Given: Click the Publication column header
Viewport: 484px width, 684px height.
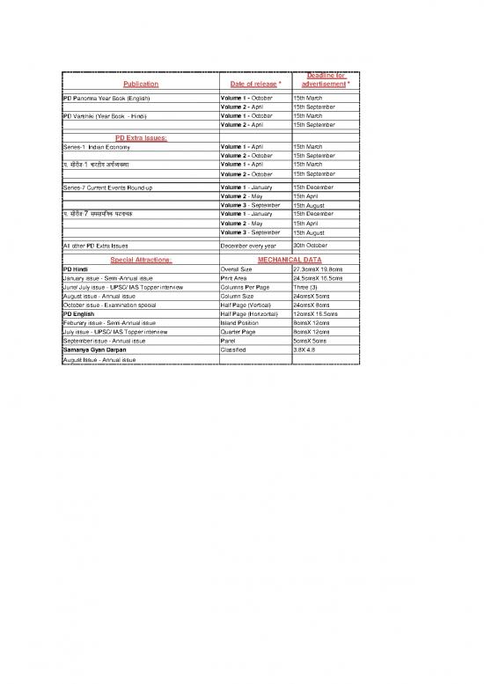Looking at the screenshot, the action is tap(140, 84).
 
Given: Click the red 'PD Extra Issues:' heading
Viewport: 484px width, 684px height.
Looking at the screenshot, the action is tap(140, 137).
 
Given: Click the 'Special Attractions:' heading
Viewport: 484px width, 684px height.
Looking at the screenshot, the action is tap(140, 260).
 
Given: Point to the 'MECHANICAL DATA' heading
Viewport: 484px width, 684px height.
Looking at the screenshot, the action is tap(288, 260).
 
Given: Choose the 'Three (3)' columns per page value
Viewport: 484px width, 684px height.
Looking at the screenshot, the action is tap(309, 287).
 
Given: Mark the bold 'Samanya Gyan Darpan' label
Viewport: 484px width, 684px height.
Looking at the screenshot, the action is tap(96, 349).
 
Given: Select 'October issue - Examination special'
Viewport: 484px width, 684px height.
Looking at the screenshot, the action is tap(115, 305).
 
